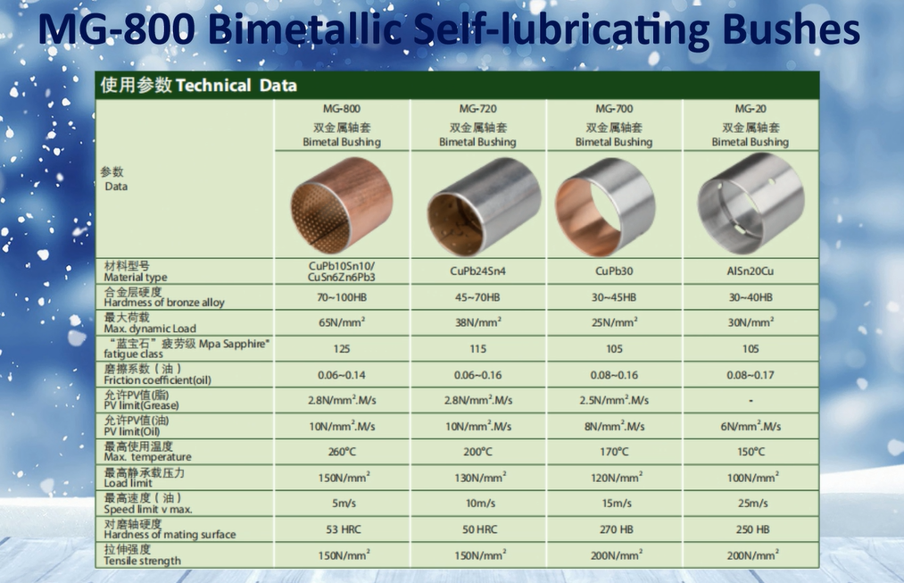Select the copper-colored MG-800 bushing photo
click(341, 205)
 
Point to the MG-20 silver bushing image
click(751, 204)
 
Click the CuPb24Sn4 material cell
click(478, 271)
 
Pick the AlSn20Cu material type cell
click(751, 271)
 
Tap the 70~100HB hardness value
click(342, 297)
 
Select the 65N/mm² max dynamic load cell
click(342, 322)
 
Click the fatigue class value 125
click(342, 349)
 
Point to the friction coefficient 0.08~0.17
click(751, 375)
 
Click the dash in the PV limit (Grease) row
click(751, 401)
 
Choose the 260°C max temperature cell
click(342, 452)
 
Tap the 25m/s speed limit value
click(752, 504)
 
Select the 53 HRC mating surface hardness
click(344, 529)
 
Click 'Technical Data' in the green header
click(236, 86)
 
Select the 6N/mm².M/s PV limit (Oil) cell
click(751, 426)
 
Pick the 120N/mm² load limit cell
click(617, 478)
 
